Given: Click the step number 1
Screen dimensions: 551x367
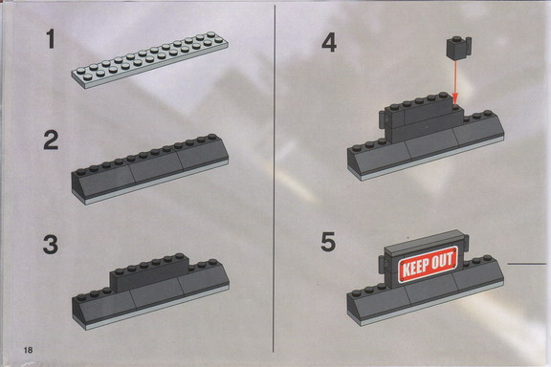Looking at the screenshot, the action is coord(51,39).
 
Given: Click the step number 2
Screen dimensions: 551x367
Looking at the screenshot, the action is coord(51,140).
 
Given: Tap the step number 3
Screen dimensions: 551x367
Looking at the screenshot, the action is coord(51,245).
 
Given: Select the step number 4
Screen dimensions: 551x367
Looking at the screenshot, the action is coord(329,42).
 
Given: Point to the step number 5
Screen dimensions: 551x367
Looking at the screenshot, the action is coord(328,242).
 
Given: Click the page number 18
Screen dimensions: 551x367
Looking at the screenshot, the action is coord(28,350).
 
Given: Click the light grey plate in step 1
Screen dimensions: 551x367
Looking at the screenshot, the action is coord(150,60).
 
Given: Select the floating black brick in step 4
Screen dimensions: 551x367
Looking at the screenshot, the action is coord(458,48).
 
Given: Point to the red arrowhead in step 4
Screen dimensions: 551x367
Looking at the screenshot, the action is coord(455,98).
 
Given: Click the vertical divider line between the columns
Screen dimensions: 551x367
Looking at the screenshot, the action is coord(275,179).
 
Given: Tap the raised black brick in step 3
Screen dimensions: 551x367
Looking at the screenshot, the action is coord(150,272).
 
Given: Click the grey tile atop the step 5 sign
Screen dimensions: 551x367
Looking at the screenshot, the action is coord(424,241).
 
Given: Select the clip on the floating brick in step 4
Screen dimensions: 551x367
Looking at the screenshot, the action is coord(468,46).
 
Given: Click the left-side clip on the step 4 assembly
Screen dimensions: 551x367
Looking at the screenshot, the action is coord(383,119).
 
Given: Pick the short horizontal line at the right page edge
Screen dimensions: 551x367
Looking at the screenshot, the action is coord(527,263).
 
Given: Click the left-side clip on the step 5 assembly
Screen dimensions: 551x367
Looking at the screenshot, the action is coord(383,264).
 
